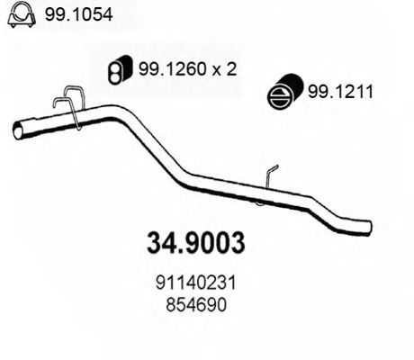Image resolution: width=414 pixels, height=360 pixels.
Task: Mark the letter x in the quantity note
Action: [x=214, y=68]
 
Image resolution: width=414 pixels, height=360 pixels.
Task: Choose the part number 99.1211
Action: [x=339, y=91]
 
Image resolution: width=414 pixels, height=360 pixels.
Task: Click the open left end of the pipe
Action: [x=18, y=131]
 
